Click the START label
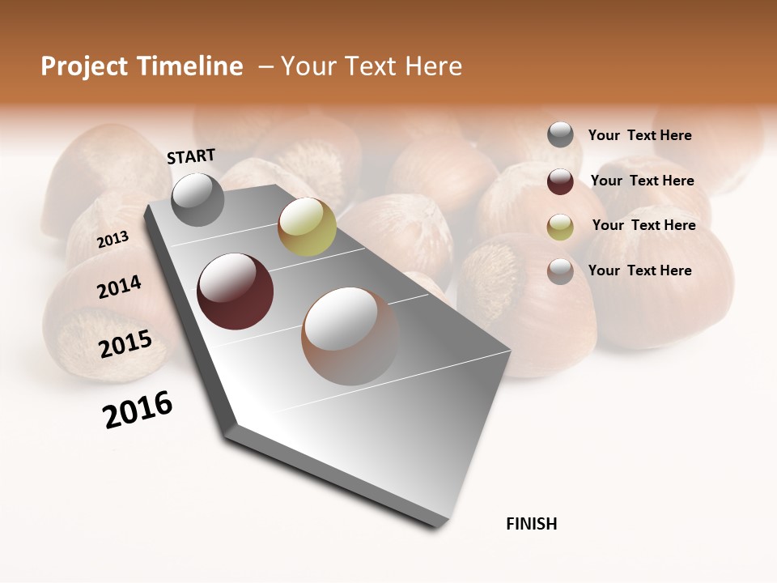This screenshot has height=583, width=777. pos(191,156)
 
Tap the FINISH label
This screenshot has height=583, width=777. pos(531,524)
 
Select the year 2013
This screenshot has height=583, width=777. pos(113,240)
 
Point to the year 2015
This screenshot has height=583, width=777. pos(125,344)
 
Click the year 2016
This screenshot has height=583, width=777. pos(138,410)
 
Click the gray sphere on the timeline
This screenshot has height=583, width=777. pos(198,199)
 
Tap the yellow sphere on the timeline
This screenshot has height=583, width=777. pos(307,227)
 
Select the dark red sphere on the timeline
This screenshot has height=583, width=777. pos(236,291)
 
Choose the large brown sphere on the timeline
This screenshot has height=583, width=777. pos(350,335)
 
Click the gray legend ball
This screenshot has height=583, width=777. pos(560,135)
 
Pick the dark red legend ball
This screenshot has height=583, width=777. pos(560,181)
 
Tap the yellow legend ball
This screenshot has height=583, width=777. pos(560,227)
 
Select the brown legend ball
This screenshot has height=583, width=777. pos(560,271)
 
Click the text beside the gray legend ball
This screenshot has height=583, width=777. pos(639,135)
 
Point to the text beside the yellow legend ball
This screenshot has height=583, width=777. pos(643,225)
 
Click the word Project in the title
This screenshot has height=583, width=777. pos(86,66)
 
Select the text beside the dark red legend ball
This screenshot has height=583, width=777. pos(642,181)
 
